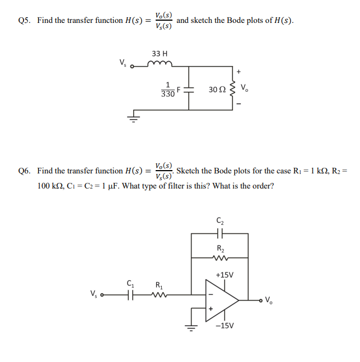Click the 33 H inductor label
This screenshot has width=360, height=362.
coord(160,54)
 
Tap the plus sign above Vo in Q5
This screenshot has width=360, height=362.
coord(239,71)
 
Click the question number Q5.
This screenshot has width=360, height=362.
coord(24,21)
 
